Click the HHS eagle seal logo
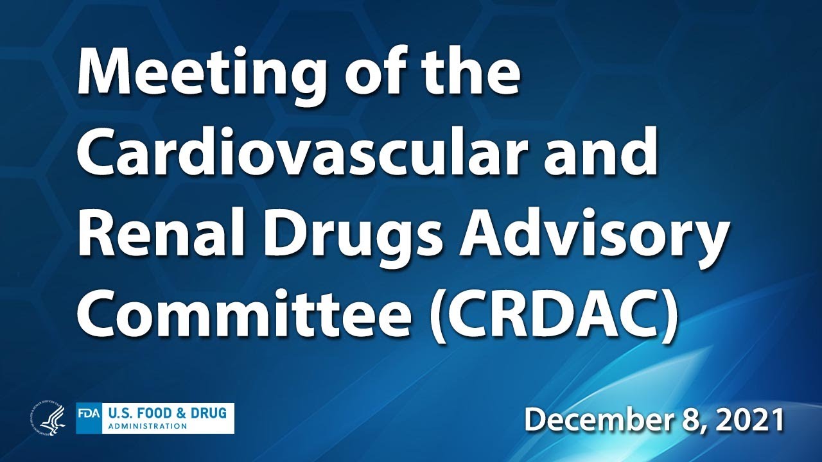(x=48, y=418)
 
